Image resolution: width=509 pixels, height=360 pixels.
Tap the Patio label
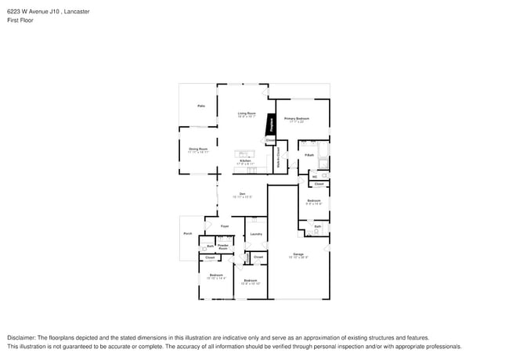200,106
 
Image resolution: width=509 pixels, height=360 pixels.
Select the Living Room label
247,114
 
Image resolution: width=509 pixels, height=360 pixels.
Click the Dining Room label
198,149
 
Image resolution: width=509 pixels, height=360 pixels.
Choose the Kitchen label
245,161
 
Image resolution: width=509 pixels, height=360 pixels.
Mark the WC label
315,176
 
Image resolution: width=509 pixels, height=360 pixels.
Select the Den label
243,194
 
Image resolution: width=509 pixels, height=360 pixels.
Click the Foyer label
225,226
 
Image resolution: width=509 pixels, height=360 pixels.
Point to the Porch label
188,233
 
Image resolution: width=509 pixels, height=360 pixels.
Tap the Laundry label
255,234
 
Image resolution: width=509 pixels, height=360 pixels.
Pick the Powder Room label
222,247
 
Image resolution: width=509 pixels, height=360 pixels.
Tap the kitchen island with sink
243,153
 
